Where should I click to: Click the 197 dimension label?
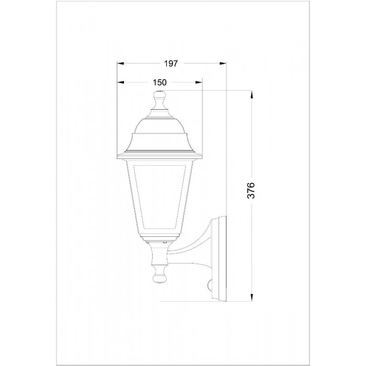pos(171,63)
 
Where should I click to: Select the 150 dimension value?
pos(159,83)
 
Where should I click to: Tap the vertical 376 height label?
pos(251,190)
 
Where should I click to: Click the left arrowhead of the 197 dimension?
pos(120,63)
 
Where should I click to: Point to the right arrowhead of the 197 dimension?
pos(223,63)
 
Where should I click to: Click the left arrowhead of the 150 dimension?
pos(120,82)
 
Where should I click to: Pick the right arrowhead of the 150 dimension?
pos(199,82)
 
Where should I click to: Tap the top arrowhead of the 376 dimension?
pos(251,94)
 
